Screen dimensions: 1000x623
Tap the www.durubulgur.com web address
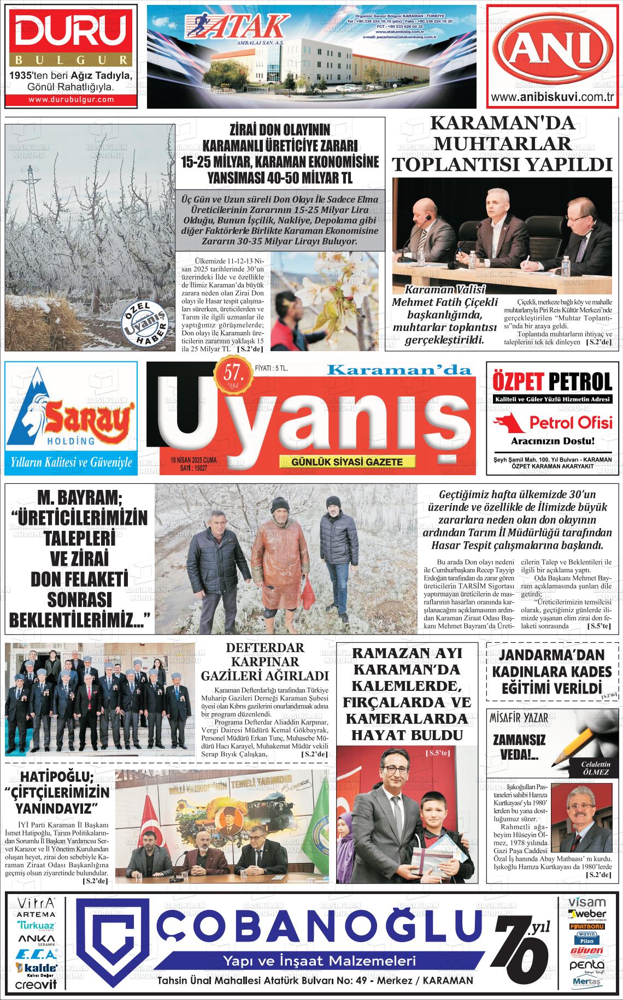(x=70, y=99)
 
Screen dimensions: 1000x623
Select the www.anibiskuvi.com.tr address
(x=554, y=98)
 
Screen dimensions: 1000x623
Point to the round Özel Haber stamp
(x=144, y=323)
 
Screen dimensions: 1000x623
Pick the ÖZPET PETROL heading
(x=552, y=380)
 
